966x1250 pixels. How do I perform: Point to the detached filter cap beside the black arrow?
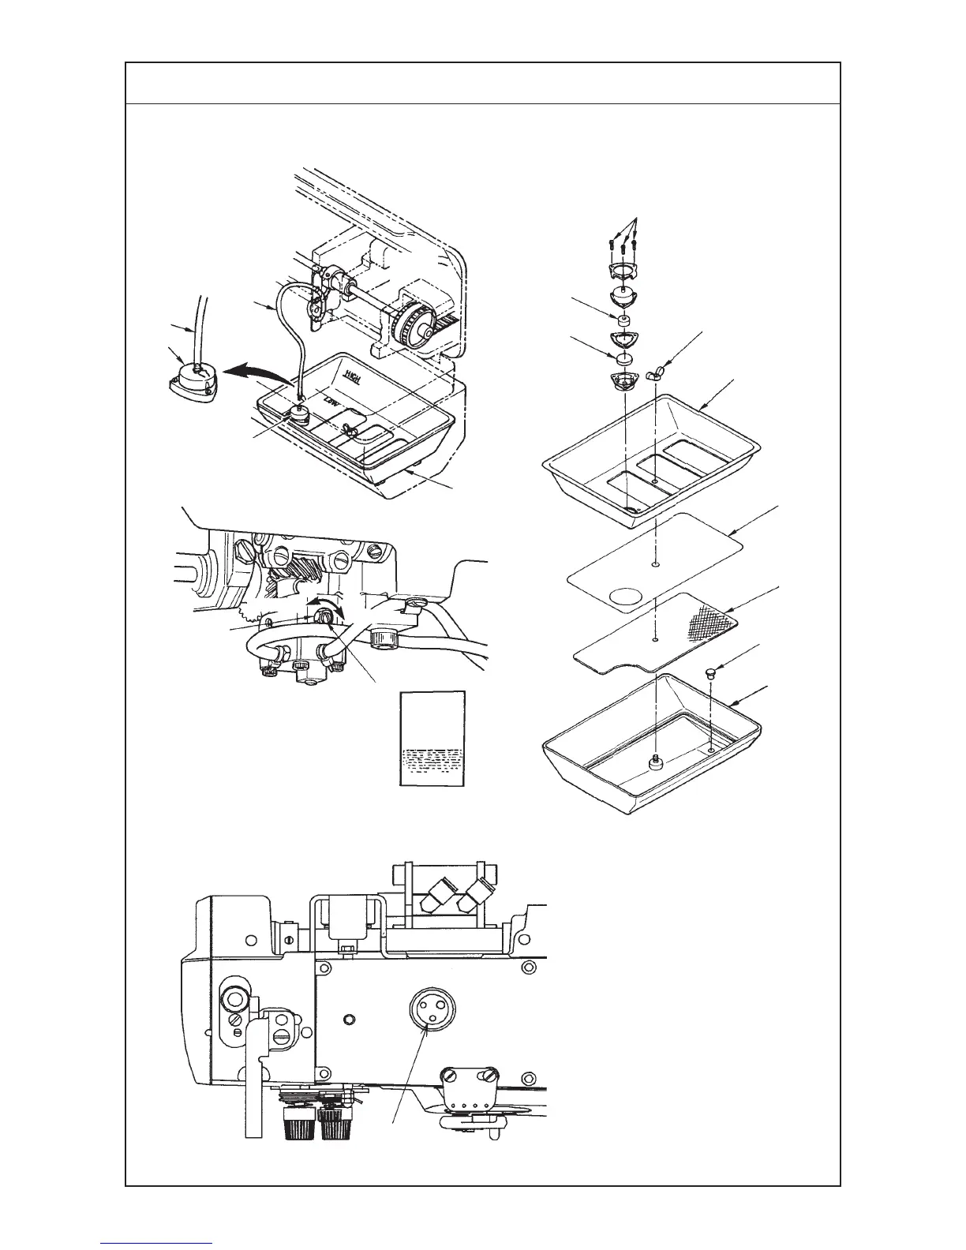(x=190, y=380)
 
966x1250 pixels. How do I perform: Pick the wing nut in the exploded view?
(x=657, y=372)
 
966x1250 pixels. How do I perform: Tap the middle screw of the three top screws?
(x=624, y=245)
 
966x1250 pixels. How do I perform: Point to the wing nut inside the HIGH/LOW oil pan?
(x=351, y=429)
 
